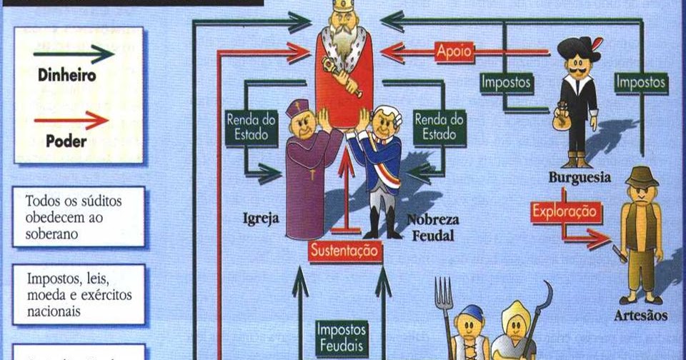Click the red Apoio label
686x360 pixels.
(x=454, y=51)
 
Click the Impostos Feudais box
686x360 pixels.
(x=342, y=336)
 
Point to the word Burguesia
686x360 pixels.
(x=580, y=177)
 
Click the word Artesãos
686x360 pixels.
(x=641, y=315)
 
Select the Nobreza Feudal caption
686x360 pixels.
(x=433, y=227)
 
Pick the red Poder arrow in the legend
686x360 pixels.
(x=72, y=119)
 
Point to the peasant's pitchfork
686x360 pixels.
(x=445, y=300)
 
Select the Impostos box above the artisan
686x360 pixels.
(x=641, y=83)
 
